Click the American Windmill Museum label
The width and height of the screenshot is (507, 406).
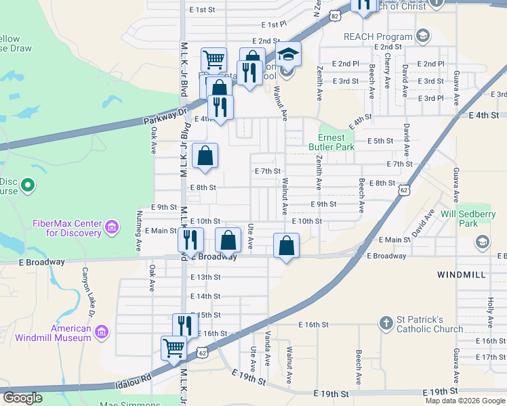(x=62, y=333)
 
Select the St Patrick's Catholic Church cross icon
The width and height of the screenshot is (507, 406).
(x=386, y=323)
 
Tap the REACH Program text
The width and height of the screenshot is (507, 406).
(x=378, y=37)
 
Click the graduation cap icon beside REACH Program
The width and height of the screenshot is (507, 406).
(x=423, y=35)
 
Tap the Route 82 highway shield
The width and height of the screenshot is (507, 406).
(x=333, y=15)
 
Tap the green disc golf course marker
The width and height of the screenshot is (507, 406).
(x=28, y=185)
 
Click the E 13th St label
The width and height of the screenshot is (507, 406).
(x=205, y=277)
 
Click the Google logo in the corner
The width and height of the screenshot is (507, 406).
(x=24, y=398)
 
